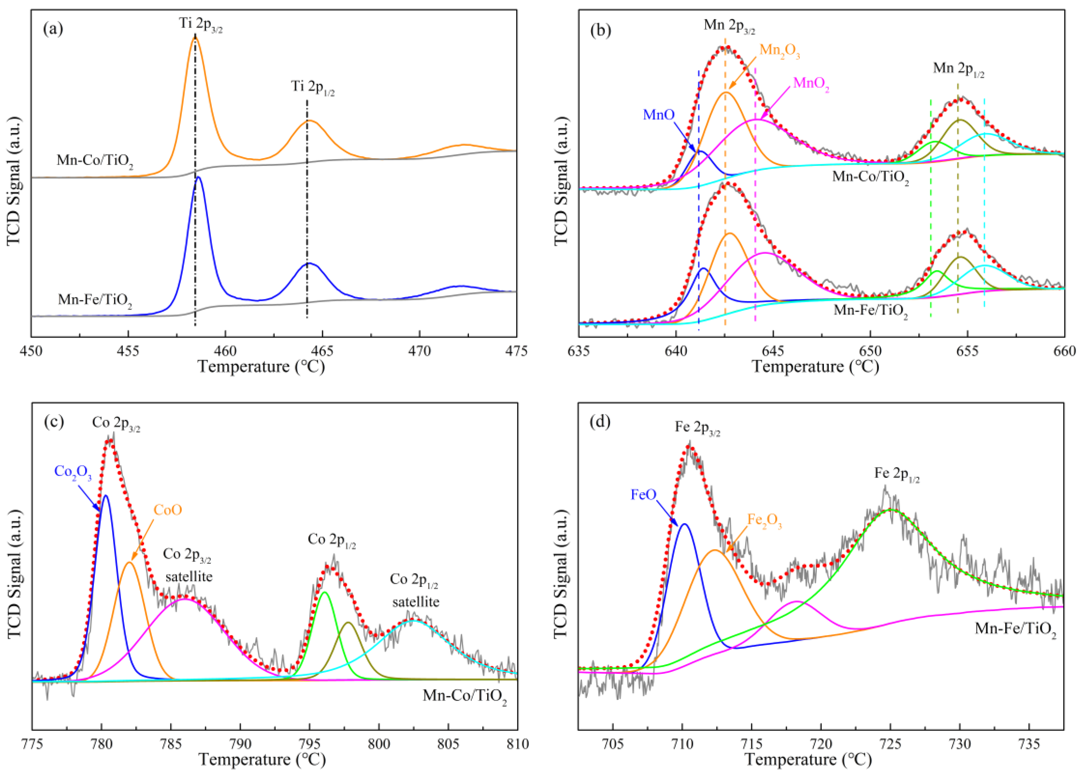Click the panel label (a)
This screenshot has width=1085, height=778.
pos(53,30)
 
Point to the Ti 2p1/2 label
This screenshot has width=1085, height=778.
pos(312,87)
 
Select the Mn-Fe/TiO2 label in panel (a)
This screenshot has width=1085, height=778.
pos(95,301)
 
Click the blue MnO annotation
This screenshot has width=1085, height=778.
pos(658,115)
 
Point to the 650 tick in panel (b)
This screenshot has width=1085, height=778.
pos(870,351)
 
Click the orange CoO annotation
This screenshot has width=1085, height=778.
pos(168,510)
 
